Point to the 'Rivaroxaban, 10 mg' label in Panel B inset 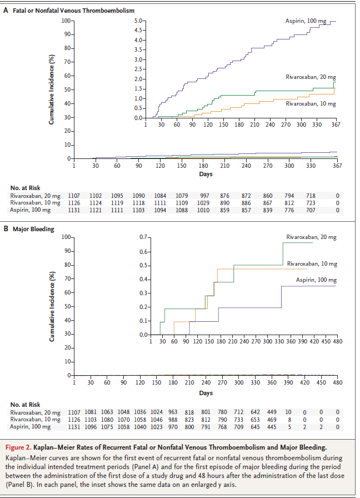click(x=312, y=263)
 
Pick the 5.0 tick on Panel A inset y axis click(x=139, y=21)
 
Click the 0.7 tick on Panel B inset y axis click(x=143, y=237)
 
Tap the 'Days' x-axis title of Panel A click(x=206, y=174)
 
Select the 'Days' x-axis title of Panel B click(x=206, y=393)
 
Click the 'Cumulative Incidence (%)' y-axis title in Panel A click(x=52, y=89)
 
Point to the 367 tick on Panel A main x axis click(x=337, y=166)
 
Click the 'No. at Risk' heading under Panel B click(x=26, y=404)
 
